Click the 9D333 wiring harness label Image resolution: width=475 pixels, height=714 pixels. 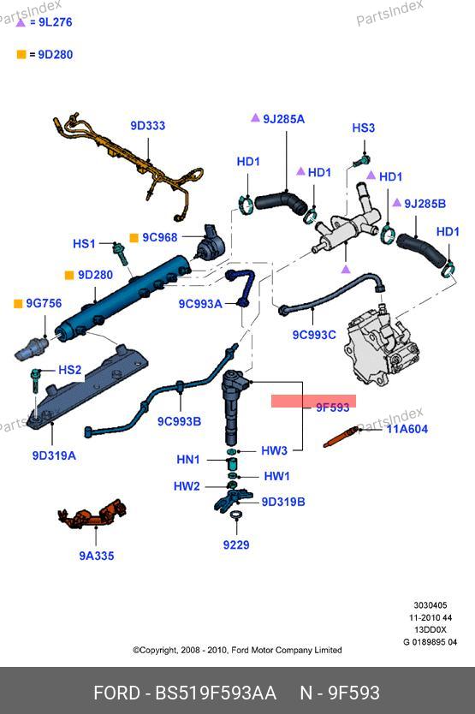[x=147, y=126]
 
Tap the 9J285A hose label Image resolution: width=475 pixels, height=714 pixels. [x=284, y=119]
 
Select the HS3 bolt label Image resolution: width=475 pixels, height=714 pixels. [x=364, y=128]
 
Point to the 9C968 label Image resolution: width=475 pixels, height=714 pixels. [x=160, y=237]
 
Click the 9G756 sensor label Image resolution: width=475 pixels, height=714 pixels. [x=44, y=303]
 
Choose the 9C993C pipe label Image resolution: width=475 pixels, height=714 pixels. [x=314, y=335]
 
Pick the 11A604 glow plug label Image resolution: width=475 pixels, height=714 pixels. [x=407, y=429]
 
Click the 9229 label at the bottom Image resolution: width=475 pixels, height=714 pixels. [x=236, y=545]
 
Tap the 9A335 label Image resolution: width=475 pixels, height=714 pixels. [x=97, y=556]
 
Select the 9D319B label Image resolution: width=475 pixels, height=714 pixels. [x=283, y=502]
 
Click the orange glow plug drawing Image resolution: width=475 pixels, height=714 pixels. [x=341, y=437]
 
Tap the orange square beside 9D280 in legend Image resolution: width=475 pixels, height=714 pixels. [x=21, y=55]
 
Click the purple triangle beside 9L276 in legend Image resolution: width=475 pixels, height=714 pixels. [x=21, y=22]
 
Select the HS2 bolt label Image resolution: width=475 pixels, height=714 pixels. [x=69, y=370]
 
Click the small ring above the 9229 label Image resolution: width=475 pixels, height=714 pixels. [x=236, y=515]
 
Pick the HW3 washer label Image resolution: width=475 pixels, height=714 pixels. [x=274, y=451]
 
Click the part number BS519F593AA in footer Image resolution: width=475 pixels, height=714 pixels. [x=216, y=693]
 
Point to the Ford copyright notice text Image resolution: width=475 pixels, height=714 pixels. [x=237, y=651]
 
